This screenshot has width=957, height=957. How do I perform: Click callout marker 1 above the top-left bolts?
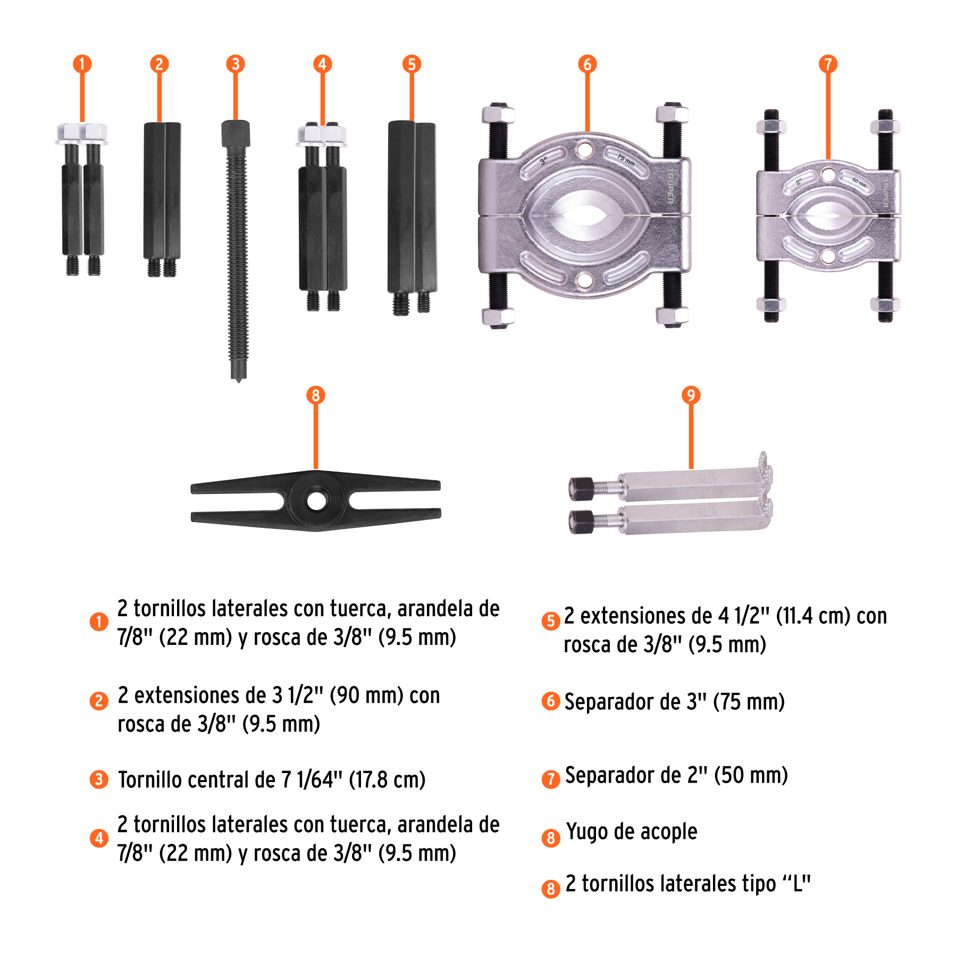[x=82, y=64]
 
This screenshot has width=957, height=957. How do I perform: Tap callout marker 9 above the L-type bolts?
[x=691, y=395]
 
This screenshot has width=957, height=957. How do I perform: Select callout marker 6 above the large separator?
[x=587, y=64]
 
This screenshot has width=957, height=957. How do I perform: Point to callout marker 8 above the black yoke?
[x=316, y=395]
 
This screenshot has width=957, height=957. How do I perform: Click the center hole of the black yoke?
[x=316, y=501]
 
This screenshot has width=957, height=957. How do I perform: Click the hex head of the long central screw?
[x=236, y=133]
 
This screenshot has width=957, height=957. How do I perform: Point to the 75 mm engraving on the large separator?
[x=626, y=160]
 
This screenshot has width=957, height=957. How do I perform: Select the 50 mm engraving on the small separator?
[x=859, y=183]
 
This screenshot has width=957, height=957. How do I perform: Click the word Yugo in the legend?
[x=587, y=832]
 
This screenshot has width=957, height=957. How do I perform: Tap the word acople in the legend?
[x=668, y=832]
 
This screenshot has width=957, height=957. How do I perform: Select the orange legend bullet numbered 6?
[x=551, y=701]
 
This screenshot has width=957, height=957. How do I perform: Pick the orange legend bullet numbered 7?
[x=551, y=779]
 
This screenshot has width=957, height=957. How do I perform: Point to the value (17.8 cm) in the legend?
[x=387, y=780]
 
